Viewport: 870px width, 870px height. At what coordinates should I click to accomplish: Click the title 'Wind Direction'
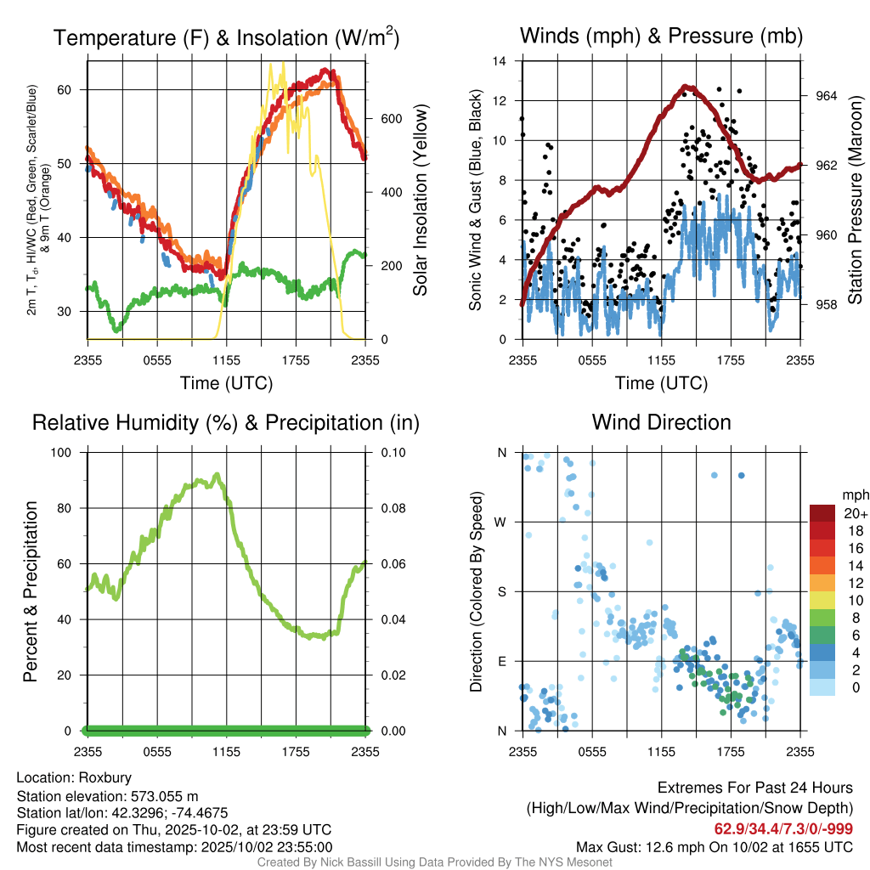[661, 422]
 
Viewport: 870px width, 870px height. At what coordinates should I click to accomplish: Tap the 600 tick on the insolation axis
[391, 118]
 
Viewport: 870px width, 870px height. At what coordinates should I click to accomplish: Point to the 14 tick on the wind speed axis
[500, 61]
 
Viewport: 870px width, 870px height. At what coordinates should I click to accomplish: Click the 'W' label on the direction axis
[501, 522]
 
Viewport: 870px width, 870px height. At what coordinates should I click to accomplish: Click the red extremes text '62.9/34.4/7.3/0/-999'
[783, 828]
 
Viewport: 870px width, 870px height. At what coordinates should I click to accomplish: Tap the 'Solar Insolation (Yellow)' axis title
[420, 201]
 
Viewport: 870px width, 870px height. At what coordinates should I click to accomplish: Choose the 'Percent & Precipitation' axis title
[30, 591]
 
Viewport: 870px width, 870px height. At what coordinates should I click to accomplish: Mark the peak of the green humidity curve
[217, 475]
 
